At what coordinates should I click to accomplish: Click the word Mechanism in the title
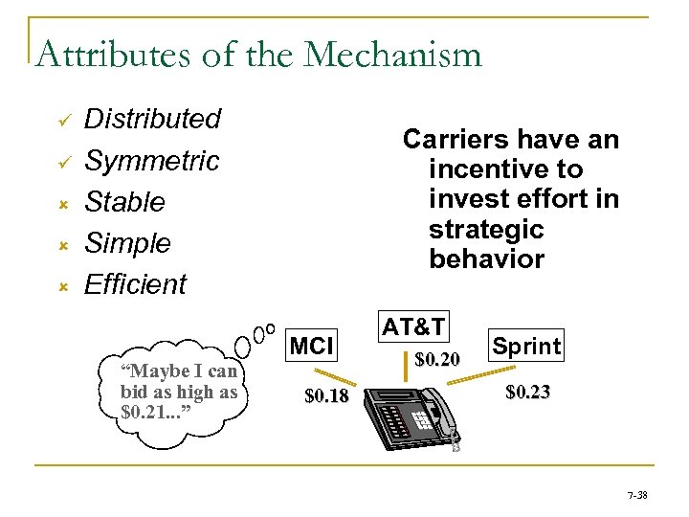tap(392, 55)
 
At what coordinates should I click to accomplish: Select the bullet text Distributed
tap(153, 120)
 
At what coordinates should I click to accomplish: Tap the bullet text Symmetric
tap(152, 161)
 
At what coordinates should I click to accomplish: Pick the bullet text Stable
tap(125, 203)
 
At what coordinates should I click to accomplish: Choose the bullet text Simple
tap(128, 243)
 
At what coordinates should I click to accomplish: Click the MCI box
tap(311, 346)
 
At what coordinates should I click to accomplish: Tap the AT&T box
tap(414, 326)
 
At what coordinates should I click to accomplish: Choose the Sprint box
tap(527, 346)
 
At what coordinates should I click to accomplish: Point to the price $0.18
tap(326, 395)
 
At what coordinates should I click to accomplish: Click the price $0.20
tap(438, 360)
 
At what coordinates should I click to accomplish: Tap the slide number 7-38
tap(637, 495)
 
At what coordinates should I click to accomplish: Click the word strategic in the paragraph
tap(486, 230)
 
